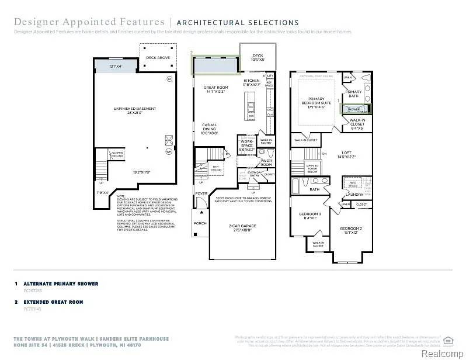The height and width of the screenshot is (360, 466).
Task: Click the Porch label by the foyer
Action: coord(200,222)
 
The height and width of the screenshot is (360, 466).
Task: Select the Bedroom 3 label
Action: coord(310,216)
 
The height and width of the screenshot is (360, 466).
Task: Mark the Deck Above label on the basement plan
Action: coord(158,58)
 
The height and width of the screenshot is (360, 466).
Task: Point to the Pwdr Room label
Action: coord(266,162)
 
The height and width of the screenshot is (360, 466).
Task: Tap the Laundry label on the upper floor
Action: coord(354,194)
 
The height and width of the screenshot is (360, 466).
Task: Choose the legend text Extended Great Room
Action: coord(53,302)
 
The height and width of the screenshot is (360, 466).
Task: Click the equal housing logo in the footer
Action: coord(448,340)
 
